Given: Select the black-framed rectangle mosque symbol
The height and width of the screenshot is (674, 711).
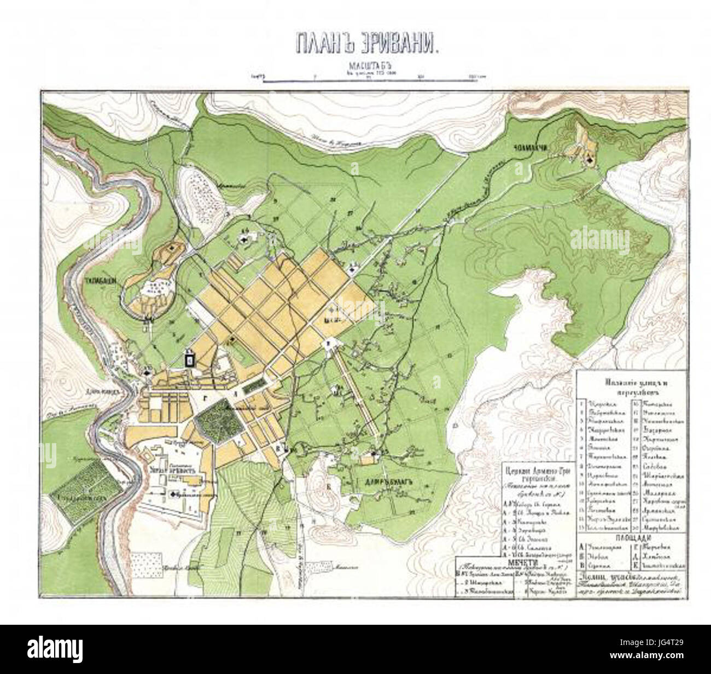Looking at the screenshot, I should [x=190, y=359].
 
